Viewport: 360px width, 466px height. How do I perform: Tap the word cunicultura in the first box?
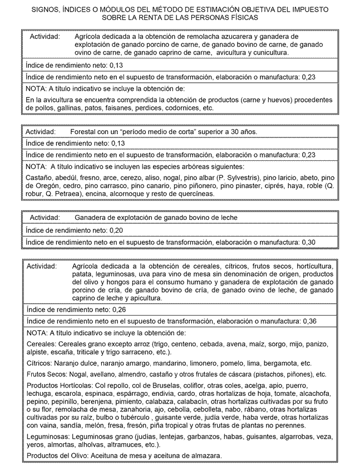point(268,52)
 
